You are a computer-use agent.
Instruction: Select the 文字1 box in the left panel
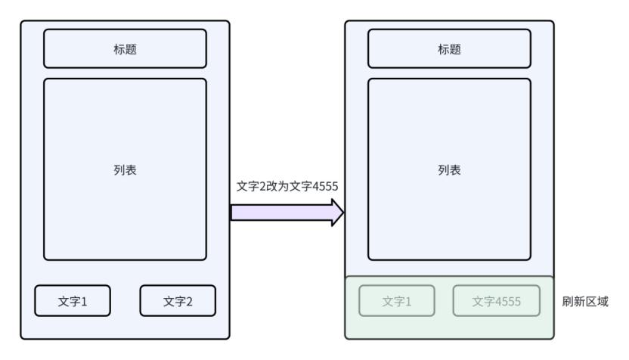pos(73,300)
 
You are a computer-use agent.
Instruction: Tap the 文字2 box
pos(178,300)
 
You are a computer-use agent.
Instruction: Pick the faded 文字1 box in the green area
pos(397,300)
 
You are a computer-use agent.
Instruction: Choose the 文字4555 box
pos(496,300)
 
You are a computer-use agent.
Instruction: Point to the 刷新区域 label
pos(586,301)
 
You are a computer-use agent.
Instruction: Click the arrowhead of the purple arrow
pos(337,214)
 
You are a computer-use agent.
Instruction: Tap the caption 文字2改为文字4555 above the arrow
pos(281,186)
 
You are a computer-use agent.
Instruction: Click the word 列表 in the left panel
pos(125,170)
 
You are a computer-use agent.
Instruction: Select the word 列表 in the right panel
pos(449,170)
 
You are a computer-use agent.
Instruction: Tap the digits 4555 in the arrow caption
pos(312,186)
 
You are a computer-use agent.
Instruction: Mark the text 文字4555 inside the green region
pos(496,301)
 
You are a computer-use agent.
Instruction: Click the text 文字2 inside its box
pos(178,301)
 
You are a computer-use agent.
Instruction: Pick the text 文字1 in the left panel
pos(73,301)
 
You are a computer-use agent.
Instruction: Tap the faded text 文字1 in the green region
pos(397,301)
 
